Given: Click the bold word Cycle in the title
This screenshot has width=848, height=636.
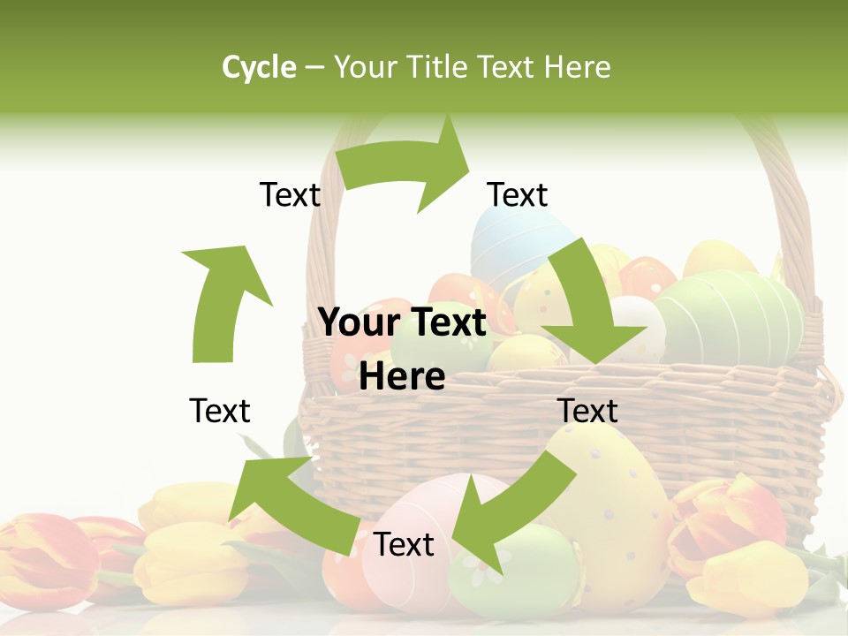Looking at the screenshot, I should pos(259,67).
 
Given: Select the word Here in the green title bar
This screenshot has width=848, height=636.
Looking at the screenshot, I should pos(578,67).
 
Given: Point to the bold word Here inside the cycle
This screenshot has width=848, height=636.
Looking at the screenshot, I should pos(402,376).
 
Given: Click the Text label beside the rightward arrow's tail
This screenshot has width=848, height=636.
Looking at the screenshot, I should pos(290,194).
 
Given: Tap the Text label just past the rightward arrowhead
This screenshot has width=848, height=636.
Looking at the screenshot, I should pos(518,194).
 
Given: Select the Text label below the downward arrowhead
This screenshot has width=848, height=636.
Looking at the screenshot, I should pos(587,411).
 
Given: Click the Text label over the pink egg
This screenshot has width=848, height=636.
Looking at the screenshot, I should pos(404,545).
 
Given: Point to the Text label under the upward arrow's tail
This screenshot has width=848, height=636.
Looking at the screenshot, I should pos(220,411).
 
